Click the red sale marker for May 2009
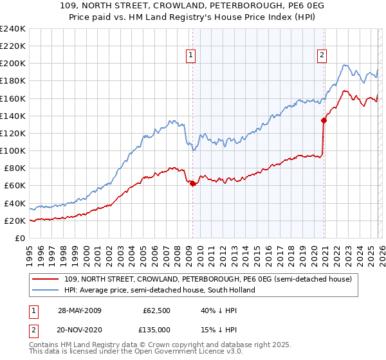(192, 183)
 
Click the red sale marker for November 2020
(324, 120)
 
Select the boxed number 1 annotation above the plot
(192, 55)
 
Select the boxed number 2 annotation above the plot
(321, 55)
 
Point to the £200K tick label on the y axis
(12, 64)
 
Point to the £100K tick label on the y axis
(12, 150)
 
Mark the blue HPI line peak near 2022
(345, 65)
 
